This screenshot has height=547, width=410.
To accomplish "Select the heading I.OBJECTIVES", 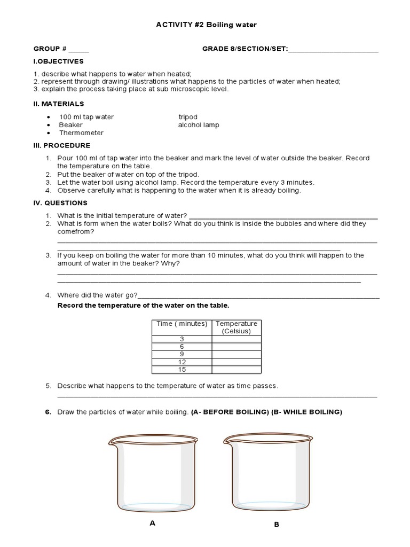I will [59, 61].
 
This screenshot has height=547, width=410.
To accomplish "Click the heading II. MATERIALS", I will [59, 104].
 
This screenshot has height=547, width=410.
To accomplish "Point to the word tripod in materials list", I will [187, 116].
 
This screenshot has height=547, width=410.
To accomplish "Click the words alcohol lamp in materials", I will [198, 125].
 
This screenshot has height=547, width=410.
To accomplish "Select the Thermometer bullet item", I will [81, 132].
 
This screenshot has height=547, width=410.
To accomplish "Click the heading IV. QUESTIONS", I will [60, 203].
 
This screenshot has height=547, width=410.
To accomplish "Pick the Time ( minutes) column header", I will [182, 324].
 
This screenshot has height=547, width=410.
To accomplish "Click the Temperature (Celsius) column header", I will [236, 327].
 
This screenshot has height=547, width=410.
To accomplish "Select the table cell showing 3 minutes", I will [182, 339].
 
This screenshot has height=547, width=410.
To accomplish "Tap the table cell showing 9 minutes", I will [182, 354].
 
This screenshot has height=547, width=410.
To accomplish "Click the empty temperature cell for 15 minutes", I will [236, 369].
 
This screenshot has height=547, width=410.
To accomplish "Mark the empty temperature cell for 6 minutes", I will [236, 347].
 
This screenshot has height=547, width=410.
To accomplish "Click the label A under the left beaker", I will [153, 523].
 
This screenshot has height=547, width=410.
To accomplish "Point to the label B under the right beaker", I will [277, 525].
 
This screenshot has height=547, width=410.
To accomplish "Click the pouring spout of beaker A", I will [113, 441].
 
